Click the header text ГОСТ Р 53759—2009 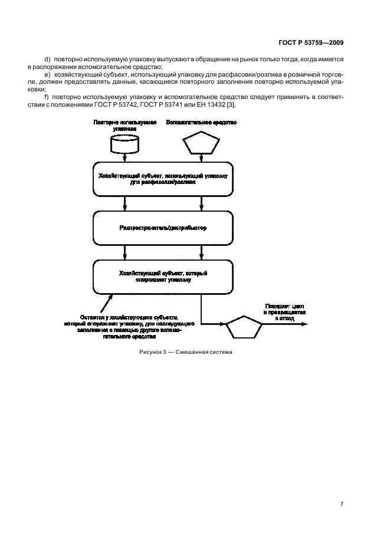(x=310, y=42)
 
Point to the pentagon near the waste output (x=244, y=327)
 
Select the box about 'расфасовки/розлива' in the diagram (x=163, y=179)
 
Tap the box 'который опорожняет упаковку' (x=163, y=277)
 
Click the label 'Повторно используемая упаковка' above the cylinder (x=125, y=124)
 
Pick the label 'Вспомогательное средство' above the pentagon (x=202, y=122)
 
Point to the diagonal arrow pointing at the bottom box (x=106, y=304)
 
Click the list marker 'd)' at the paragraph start (x=48, y=60)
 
